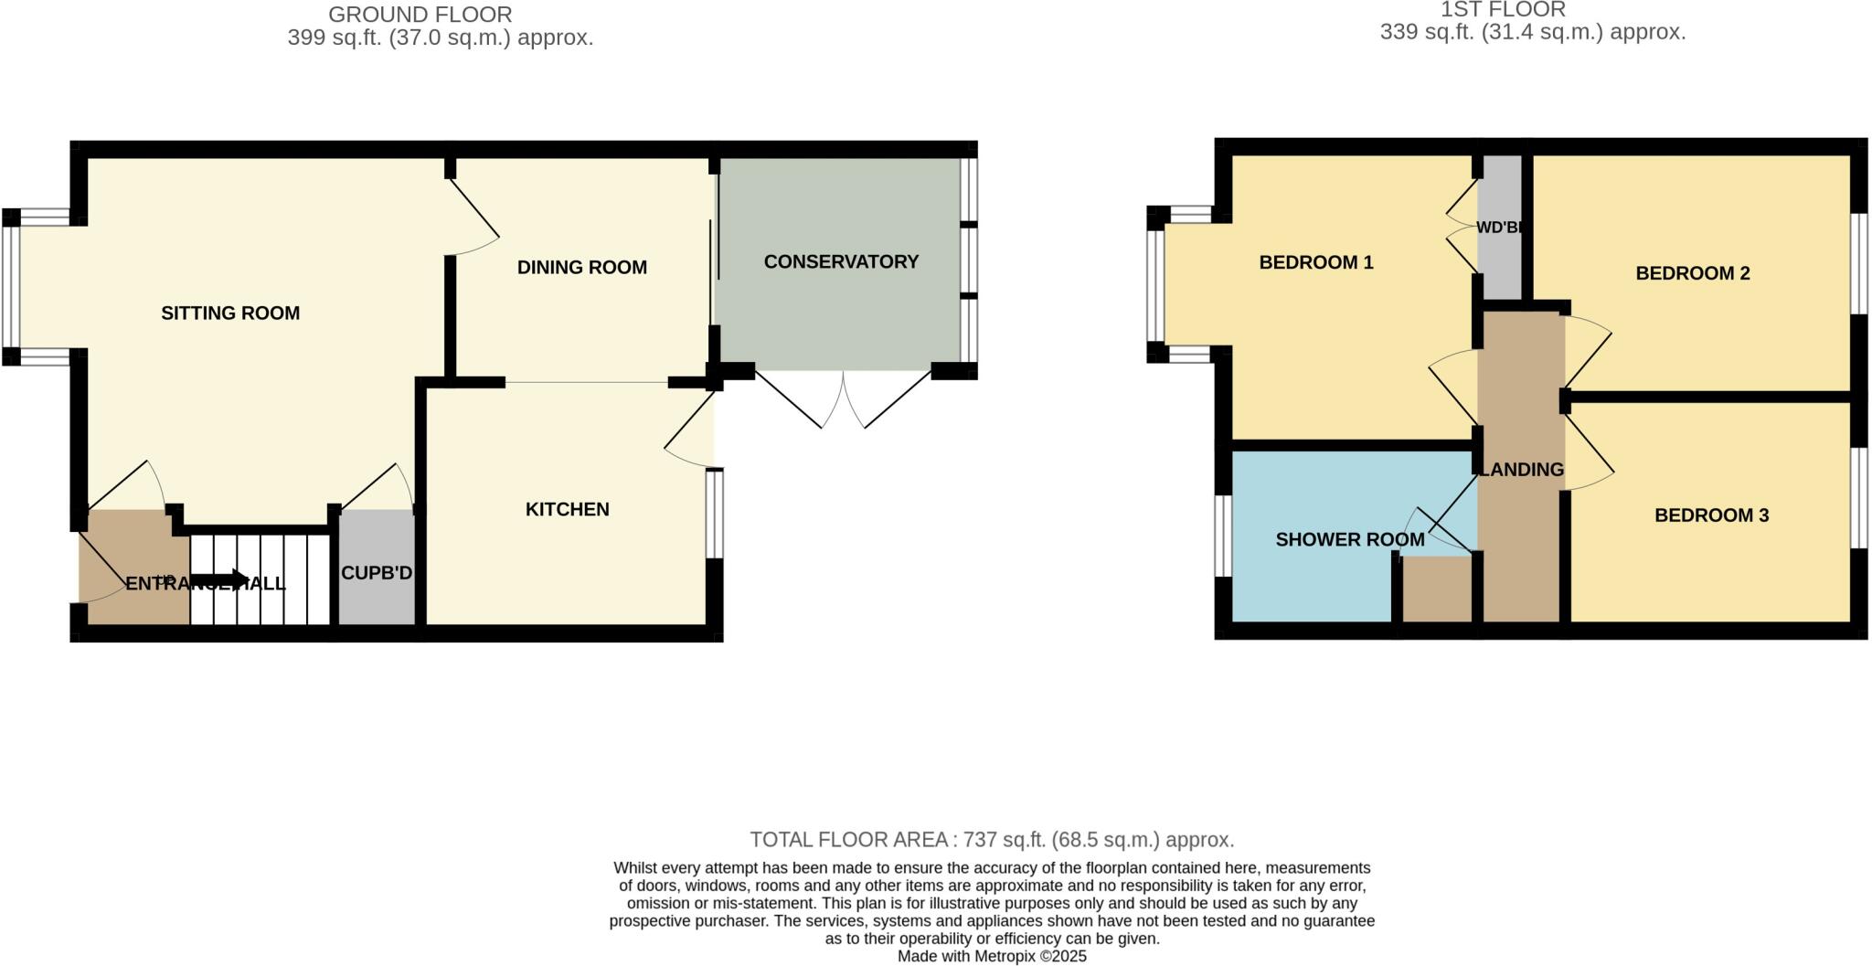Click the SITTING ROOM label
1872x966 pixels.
point(230,313)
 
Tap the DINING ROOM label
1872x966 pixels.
point(581,268)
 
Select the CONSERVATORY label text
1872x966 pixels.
point(841,262)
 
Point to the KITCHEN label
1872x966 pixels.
point(567,510)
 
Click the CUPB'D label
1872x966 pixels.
point(377,574)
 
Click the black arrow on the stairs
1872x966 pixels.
point(220,579)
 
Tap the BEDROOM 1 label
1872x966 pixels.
point(1315,263)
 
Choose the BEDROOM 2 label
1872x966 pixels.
point(1692,273)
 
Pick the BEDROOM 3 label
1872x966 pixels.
point(1711,515)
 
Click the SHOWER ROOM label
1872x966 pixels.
point(1349,540)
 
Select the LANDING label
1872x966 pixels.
point(1521,470)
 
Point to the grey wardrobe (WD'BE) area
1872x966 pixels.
point(1500,228)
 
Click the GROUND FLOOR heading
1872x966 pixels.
point(420,15)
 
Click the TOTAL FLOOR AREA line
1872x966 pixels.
point(992,840)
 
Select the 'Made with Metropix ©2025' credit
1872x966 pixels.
point(992,957)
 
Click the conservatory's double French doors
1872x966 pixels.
point(843,399)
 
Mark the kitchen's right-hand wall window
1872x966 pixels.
point(715,514)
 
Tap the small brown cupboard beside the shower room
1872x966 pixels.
point(1437,589)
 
